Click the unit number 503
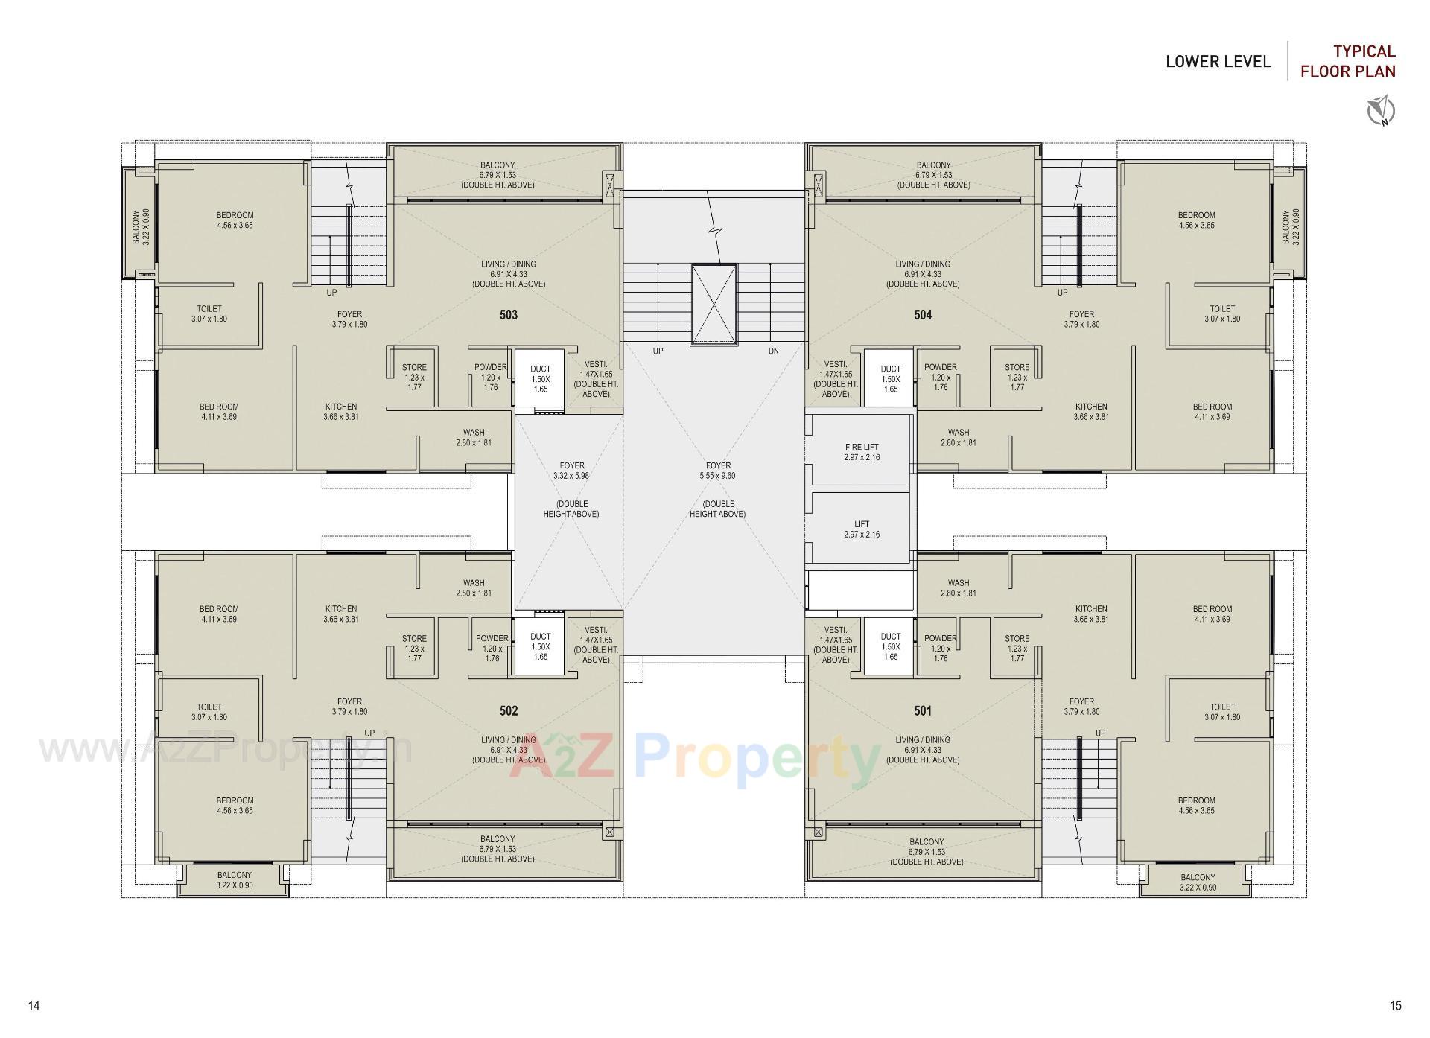pos(508,315)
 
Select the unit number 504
pos(923,315)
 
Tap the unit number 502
pos(508,711)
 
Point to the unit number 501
pos(923,711)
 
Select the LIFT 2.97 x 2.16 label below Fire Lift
pos(862,529)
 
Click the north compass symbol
pos(1381,111)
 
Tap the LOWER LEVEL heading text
pos(1218,62)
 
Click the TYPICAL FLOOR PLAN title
pos(1348,61)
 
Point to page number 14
pos(34,1006)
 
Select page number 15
pos(1395,1006)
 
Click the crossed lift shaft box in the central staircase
pos(714,304)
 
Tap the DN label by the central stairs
pos(773,351)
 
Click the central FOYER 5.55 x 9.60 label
pos(718,471)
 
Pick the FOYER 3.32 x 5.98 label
pos(571,471)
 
